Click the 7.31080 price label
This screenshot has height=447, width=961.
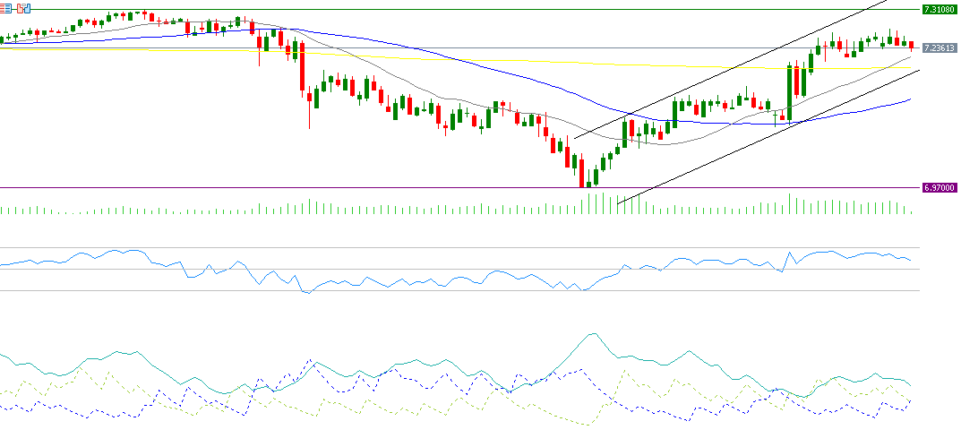[x=939, y=10]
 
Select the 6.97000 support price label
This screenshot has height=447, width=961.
[x=939, y=188]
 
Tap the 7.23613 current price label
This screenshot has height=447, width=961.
[x=939, y=47]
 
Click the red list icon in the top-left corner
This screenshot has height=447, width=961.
[x=6, y=7]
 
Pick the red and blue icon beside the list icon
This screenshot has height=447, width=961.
[x=22, y=7]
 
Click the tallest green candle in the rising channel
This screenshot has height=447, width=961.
[x=790, y=92]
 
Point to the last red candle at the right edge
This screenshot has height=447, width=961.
[x=911, y=46]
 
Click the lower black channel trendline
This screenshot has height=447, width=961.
[x=770, y=131]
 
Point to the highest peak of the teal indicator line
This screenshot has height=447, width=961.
[x=591, y=334]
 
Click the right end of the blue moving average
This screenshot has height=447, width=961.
[x=910, y=99]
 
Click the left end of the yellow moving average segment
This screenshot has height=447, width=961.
[x=149, y=51]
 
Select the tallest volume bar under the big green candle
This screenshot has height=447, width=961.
[x=790, y=203]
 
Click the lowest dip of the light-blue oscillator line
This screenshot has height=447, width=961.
[x=306, y=293]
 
